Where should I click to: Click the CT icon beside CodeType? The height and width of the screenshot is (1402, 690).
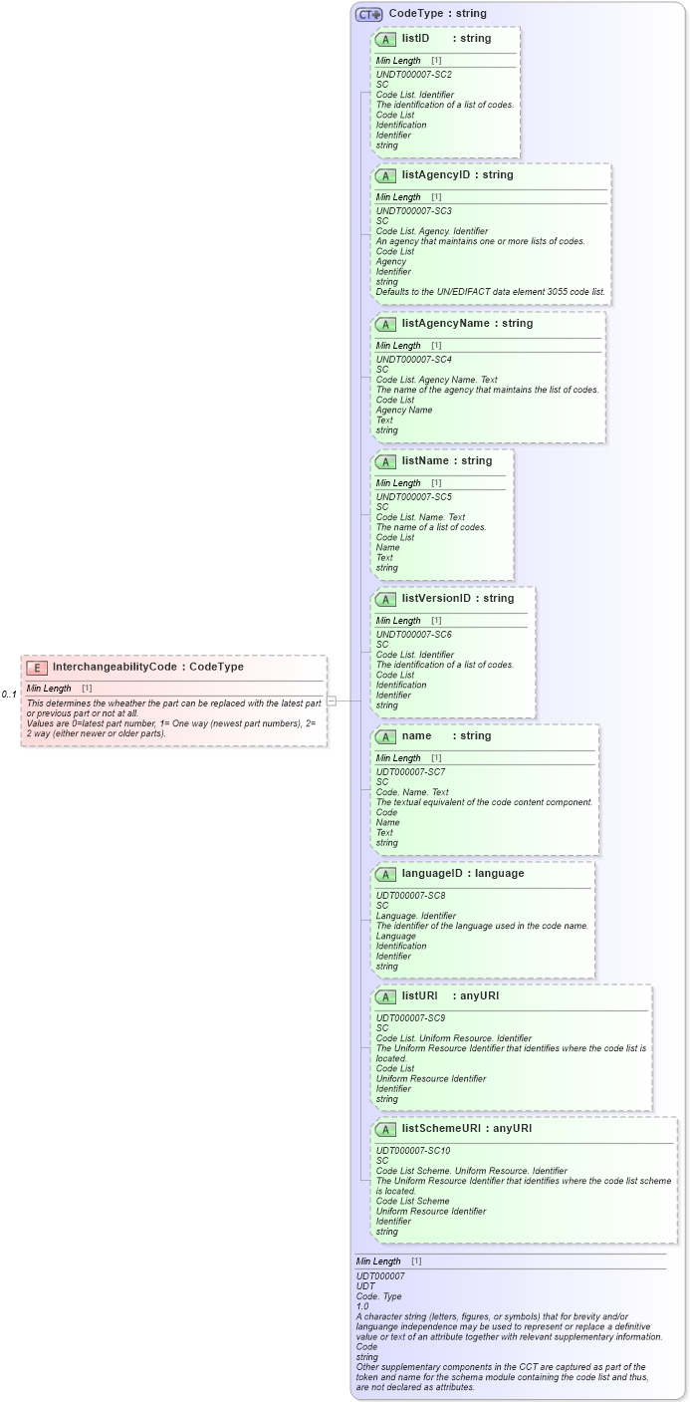coord(369,14)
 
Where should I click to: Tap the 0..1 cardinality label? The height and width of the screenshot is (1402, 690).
coord(9,694)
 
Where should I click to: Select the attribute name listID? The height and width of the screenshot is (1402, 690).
coord(415,38)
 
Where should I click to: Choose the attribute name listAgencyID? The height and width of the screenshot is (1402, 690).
coord(435,174)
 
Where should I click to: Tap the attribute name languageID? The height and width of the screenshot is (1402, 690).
coord(433,873)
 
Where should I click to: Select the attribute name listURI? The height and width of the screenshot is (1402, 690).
coord(419,995)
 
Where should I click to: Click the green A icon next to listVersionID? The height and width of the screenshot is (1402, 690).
coord(385,599)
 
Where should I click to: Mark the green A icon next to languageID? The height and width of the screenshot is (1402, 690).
coord(385,874)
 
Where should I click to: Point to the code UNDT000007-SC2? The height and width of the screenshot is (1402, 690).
coord(413,75)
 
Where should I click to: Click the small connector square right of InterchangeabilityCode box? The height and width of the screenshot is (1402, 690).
coord(332,701)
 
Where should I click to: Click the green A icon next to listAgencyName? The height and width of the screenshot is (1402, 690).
coord(385,324)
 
